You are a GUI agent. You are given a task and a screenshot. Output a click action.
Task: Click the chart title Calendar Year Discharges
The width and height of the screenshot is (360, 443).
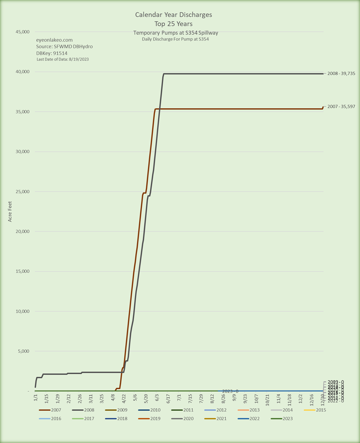tap(173, 15)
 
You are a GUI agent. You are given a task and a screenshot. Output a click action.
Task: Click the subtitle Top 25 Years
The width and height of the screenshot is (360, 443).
tap(173, 23)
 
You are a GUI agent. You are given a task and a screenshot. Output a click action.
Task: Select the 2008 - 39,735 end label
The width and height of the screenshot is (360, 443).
tap(341, 74)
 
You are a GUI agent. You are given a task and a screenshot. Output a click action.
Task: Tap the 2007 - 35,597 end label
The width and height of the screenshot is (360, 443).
tap(341, 107)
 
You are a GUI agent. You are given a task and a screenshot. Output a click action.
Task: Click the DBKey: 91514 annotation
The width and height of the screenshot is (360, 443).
tap(52, 53)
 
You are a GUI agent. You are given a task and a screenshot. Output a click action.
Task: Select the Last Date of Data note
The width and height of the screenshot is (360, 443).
tap(63, 59)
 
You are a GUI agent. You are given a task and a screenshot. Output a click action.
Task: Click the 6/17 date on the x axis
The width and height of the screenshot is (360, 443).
tap(168, 398)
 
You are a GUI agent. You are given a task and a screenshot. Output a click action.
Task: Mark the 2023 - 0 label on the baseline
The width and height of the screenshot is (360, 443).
tap(230, 391)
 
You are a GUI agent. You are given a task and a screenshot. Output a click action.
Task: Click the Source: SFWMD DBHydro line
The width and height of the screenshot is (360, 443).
tap(64, 47)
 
